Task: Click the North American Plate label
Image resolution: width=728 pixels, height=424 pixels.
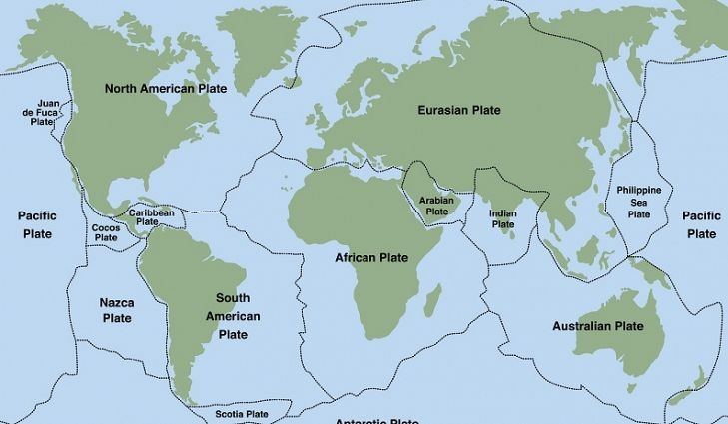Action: (x=166, y=89)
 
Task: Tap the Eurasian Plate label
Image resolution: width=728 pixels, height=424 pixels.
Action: (x=459, y=110)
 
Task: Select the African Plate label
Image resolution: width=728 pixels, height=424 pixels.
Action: (x=371, y=258)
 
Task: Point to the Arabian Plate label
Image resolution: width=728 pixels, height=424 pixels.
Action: (x=437, y=205)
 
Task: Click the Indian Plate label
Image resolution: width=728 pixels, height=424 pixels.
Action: (x=502, y=218)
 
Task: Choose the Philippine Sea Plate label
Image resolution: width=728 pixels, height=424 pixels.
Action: (x=639, y=202)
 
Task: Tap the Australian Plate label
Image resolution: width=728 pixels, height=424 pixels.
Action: (x=598, y=326)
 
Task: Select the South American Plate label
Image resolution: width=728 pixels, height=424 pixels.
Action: (x=233, y=316)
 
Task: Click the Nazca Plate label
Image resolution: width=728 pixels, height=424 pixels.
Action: (x=117, y=310)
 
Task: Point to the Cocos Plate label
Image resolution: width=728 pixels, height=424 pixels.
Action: (x=105, y=232)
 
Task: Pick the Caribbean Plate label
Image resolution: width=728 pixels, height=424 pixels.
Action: (x=152, y=216)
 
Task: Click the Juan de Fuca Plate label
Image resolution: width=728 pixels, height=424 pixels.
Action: (x=48, y=112)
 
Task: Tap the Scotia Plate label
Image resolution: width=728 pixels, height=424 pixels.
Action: (x=242, y=413)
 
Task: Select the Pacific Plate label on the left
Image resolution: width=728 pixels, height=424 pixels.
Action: (x=37, y=224)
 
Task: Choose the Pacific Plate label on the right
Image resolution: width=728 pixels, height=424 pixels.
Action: (x=701, y=224)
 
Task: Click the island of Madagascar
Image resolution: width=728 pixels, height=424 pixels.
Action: (x=434, y=298)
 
